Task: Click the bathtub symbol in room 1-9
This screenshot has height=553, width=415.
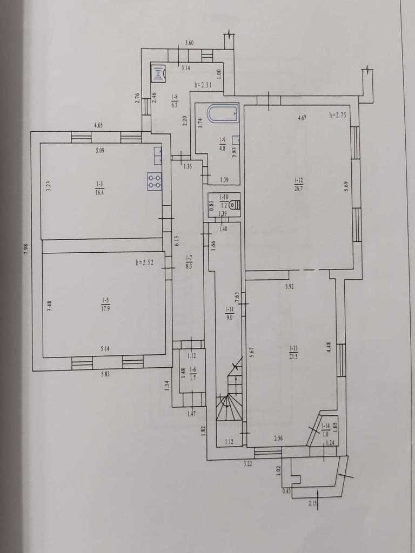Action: coord(223,113)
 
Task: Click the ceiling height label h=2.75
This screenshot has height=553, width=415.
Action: coord(338,115)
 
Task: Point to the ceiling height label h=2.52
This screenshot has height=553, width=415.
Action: coord(145,262)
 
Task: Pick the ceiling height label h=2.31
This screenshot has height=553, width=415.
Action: coord(203,85)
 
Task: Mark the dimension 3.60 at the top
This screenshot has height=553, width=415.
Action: coord(190,43)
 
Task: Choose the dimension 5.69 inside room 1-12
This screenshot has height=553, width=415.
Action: coord(346,186)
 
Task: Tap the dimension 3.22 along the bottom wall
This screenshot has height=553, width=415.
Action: coord(247,464)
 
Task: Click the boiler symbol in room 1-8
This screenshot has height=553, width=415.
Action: coord(158,73)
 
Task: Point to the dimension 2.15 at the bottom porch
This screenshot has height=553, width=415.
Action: coord(312,503)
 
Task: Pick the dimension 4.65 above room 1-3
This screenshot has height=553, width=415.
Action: coord(98,125)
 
